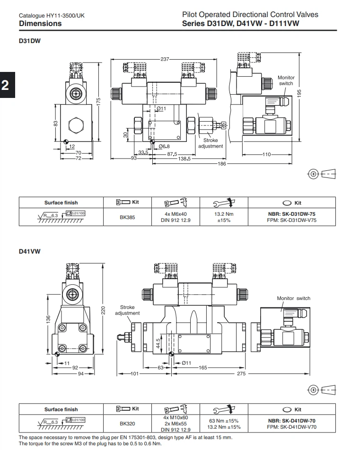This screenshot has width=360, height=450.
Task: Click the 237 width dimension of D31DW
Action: point(165,59)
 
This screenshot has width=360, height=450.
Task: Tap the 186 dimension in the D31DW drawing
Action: point(222,163)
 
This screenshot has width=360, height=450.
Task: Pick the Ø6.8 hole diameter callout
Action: point(164,146)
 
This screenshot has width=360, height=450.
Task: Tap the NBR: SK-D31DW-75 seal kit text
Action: point(291,214)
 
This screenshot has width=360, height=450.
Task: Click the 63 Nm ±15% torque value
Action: point(223,420)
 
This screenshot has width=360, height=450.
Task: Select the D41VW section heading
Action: point(29,251)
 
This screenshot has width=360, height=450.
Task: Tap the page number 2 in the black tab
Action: point(6,86)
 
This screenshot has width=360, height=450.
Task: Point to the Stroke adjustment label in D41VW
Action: point(127,310)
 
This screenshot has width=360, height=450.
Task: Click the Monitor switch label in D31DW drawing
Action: point(286,80)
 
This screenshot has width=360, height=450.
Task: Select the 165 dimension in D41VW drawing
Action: point(203,367)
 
